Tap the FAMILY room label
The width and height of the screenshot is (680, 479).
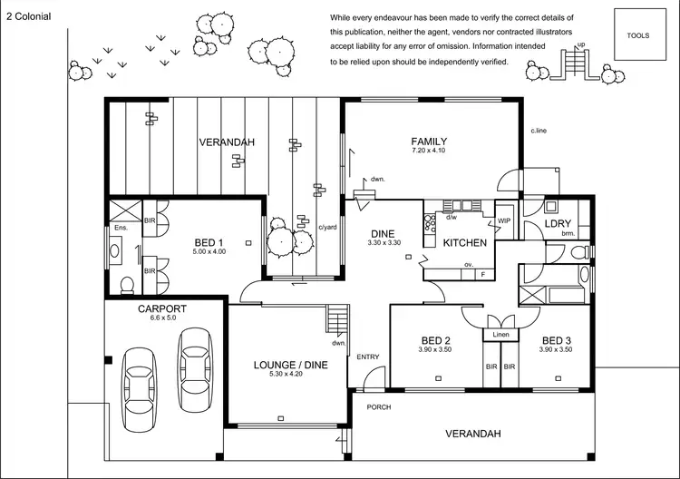429,141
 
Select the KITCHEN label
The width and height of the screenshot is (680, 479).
464,243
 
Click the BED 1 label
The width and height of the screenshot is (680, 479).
209,242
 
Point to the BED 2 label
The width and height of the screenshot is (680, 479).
435,341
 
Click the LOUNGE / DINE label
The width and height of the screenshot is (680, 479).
289,365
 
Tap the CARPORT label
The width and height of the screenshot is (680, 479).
162,308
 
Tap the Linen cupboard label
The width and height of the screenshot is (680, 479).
500,336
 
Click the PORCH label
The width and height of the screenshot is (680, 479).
378,407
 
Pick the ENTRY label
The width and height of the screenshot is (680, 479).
368,357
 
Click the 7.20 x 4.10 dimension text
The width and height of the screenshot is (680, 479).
429,152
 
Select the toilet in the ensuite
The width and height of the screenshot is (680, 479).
127,285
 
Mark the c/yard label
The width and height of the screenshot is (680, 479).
327,228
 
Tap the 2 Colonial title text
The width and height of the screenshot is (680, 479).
28,16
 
